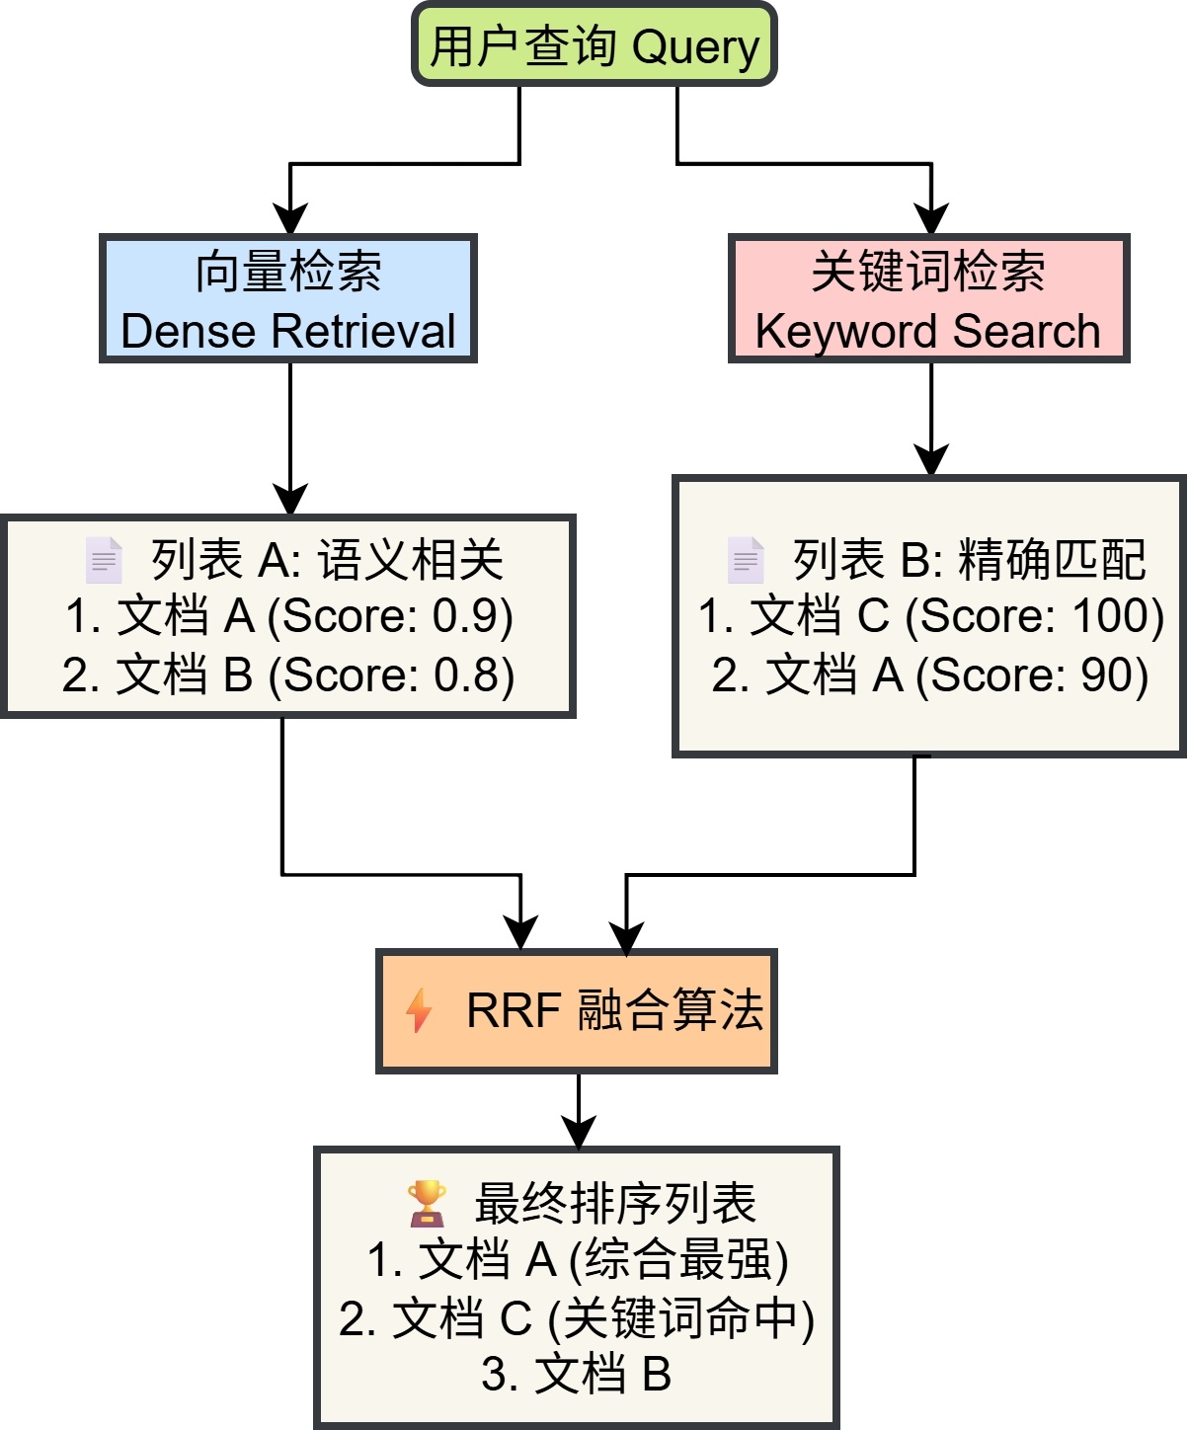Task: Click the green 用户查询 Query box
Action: pos(594,44)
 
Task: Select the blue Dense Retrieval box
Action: pos(288,299)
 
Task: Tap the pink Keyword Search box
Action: pos(928,299)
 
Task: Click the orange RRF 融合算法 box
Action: pos(577,1011)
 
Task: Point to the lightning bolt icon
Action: pos(419,1010)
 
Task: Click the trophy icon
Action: pos(427,1203)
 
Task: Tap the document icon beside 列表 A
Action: pos(104,560)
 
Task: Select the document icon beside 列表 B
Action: pos(746,560)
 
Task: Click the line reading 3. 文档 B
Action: pos(577,1374)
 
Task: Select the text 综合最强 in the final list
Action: pos(678,1260)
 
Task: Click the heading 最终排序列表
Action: pos(614,1203)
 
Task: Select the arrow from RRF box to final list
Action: pos(578,1111)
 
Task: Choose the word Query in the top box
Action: pos(695,46)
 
